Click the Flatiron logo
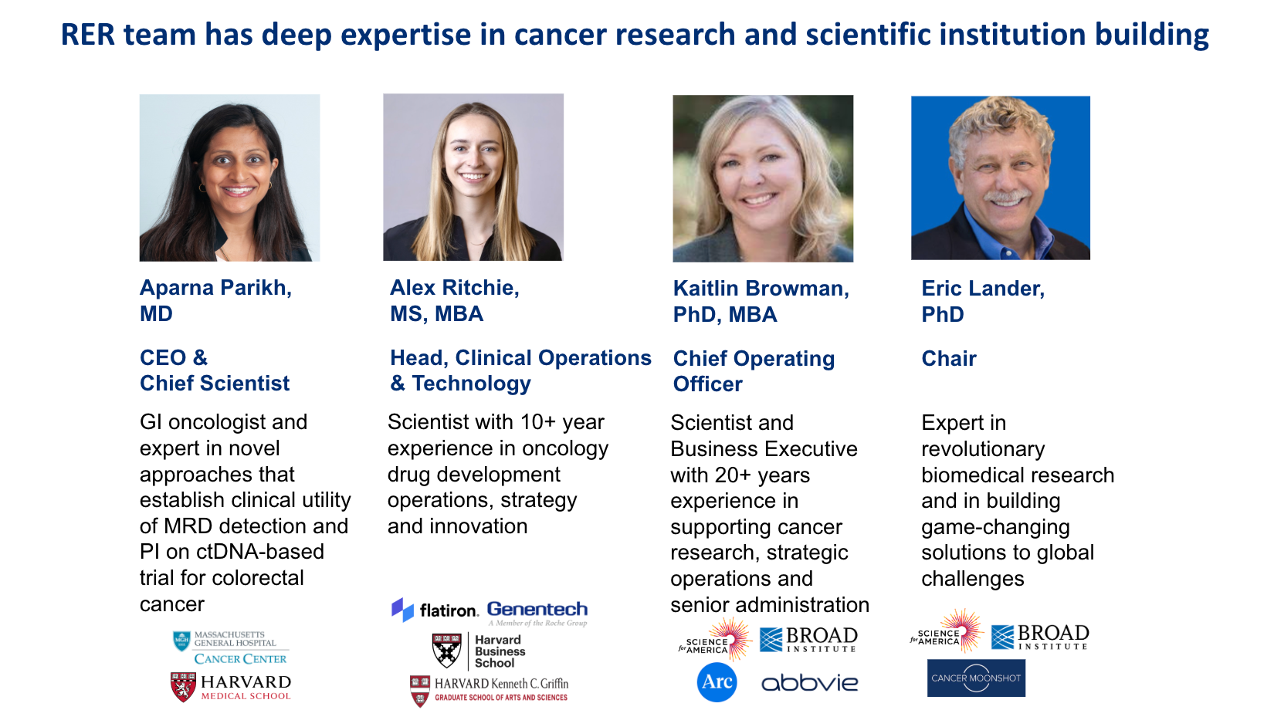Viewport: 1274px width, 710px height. [435, 610]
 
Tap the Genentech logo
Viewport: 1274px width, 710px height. [537, 613]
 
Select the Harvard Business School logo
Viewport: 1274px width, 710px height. [479, 651]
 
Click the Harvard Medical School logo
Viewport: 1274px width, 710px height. [231, 687]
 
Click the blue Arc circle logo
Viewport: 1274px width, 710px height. [717, 681]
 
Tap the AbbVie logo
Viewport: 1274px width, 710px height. [810, 683]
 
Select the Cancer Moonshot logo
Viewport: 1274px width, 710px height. [976, 678]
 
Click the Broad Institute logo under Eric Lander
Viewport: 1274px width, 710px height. [1040, 637]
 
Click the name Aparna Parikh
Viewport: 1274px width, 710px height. [215, 288]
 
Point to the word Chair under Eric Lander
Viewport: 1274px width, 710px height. [949, 358]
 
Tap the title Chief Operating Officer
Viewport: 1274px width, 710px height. [754, 371]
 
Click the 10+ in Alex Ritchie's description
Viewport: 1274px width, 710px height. [537, 422]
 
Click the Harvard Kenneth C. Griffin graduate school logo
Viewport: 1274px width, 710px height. [489, 689]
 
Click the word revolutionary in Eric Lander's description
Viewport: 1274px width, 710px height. [983, 449]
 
